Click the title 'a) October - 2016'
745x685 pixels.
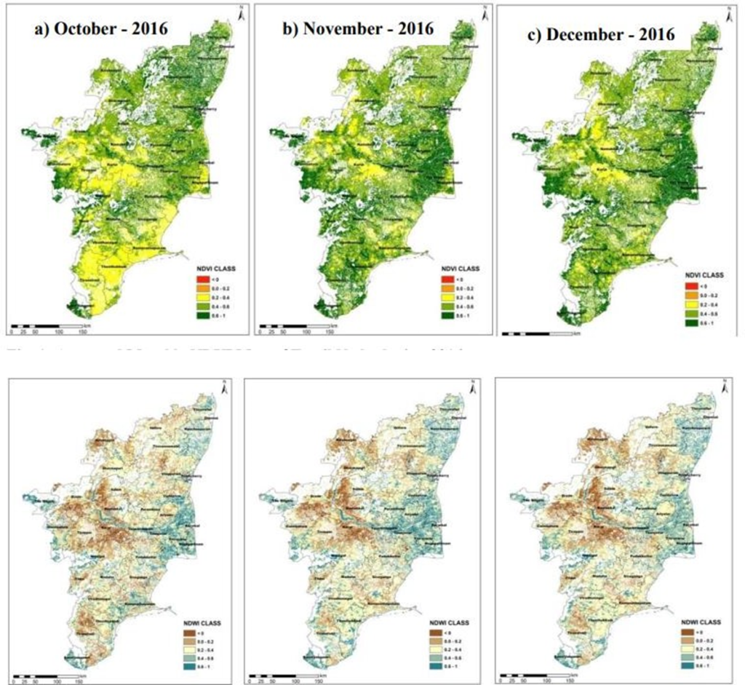pos(101,30)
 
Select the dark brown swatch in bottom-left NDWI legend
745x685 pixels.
pos(188,635)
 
